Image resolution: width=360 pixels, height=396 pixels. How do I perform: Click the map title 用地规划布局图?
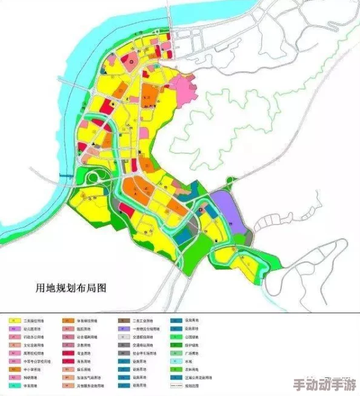72,288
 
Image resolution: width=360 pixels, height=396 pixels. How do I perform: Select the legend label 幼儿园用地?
32,329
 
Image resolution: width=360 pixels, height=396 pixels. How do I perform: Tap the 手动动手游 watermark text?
323,385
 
